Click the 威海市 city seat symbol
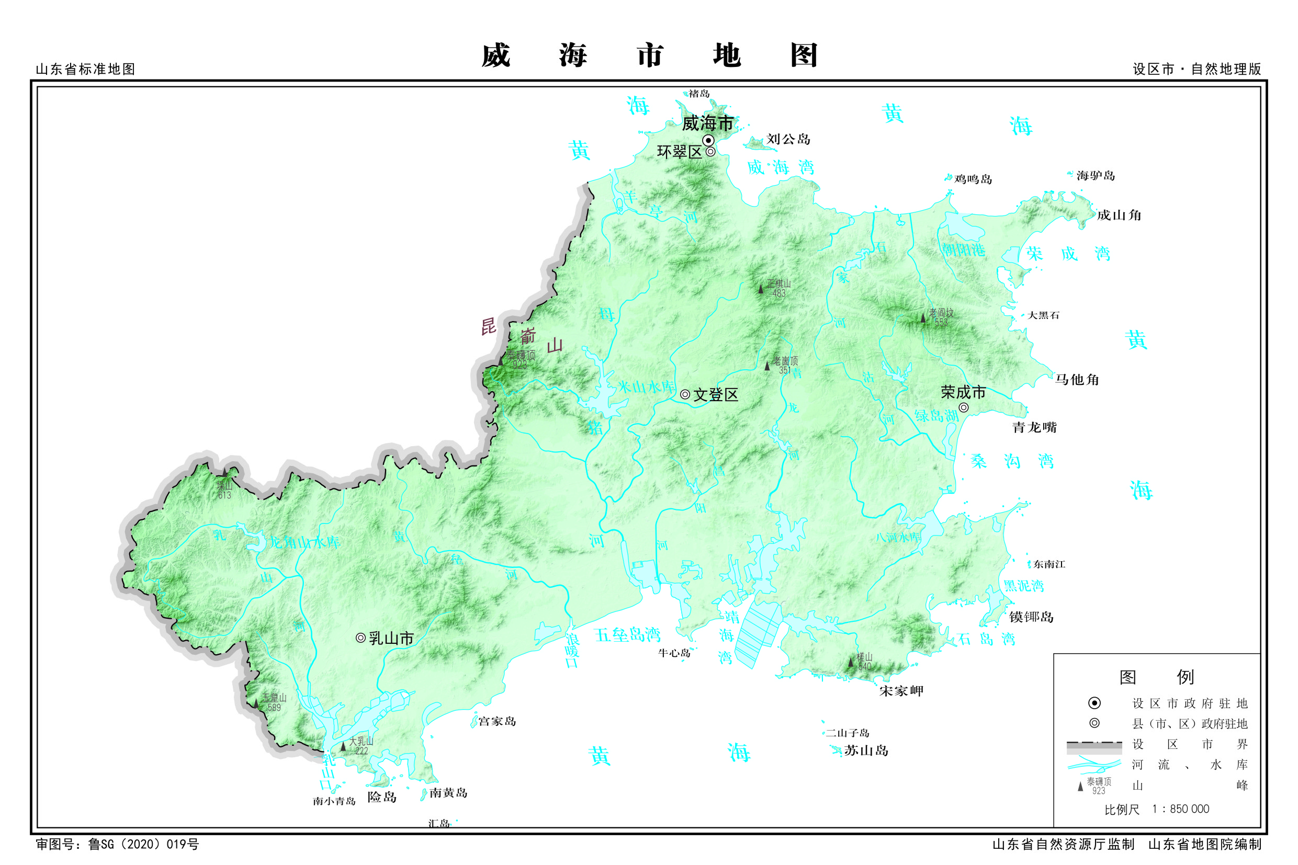[708, 141]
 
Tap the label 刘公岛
[788, 139]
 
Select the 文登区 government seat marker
[685, 394]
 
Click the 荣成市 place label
[963, 392]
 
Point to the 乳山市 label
[391, 638]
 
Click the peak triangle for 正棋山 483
[761, 289]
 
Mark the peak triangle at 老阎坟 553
[923, 318]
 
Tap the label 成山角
[1119, 215]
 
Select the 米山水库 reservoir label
[646, 386]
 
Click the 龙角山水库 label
[304, 542]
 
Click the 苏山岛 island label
[866, 750]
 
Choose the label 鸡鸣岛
[973, 179]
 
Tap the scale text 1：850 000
[1180, 809]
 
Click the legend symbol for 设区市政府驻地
[1094, 703]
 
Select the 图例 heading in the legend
[1156, 677]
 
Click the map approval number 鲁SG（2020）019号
[143, 845]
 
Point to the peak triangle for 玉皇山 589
[256, 703]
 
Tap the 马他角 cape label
[1077, 380]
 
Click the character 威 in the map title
[495, 56]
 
